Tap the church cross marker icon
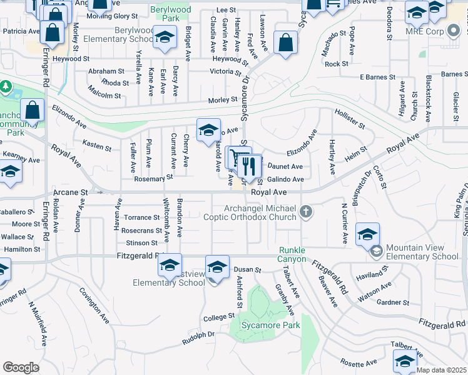tap(306, 212)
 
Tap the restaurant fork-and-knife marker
tap(250, 166)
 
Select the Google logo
tap(21, 367)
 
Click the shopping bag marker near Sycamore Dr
tap(285, 44)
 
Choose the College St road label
tap(218, 317)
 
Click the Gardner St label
tap(393, 302)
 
